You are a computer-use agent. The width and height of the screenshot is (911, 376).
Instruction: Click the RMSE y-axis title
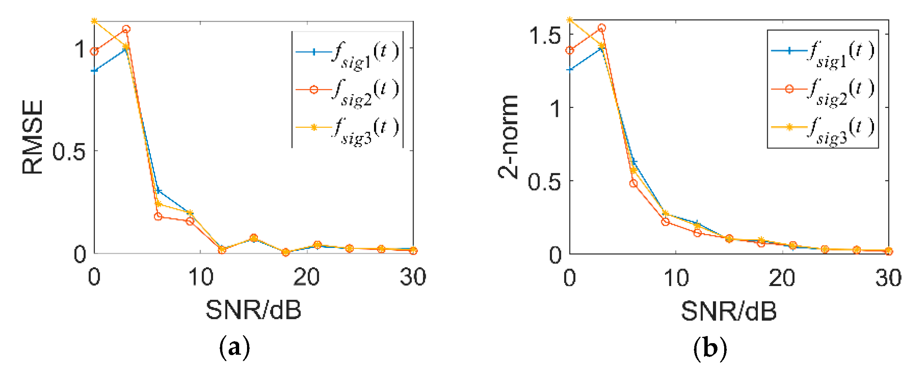(x=33, y=137)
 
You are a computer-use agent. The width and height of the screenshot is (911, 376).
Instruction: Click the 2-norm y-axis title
(x=509, y=137)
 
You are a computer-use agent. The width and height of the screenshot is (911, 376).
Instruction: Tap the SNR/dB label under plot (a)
(x=253, y=310)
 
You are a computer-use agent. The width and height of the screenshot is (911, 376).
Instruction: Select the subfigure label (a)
(x=234, y=348)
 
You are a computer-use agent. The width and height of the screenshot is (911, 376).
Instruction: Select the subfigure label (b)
(x=710, y=348)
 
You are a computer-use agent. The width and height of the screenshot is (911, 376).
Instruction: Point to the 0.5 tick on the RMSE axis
(x=69, y=152)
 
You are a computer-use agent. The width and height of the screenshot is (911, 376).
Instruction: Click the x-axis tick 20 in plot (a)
(x=306, y=277)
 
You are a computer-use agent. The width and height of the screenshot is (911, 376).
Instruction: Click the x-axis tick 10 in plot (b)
(x=676, y=278)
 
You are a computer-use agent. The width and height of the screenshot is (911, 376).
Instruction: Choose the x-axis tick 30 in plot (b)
(x=888, y=278)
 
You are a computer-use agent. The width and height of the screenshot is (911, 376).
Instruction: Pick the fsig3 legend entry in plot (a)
(x=348, y=128)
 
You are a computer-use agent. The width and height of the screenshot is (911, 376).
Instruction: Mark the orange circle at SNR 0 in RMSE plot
(x=95, y=51)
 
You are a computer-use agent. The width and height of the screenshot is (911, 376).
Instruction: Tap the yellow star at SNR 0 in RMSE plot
(x=95, y=21)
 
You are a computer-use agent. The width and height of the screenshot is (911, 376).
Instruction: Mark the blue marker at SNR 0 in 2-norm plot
(x=570, y=69)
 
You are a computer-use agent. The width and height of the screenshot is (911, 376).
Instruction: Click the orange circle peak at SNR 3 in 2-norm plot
(x=602, y=28)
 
